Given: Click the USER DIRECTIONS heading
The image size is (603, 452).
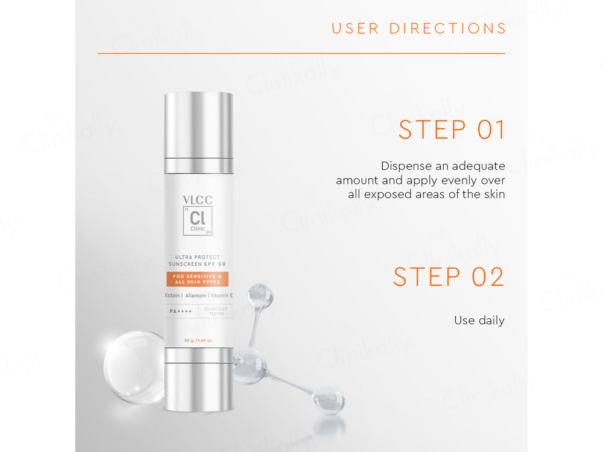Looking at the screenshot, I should pos(418,28).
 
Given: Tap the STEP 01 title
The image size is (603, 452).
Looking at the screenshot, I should pos(451,130).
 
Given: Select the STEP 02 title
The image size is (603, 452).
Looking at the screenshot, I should pos(448,277).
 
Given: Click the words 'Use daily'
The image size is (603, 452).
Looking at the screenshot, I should pos(479,321).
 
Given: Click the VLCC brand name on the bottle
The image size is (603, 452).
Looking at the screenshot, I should pos(198,200).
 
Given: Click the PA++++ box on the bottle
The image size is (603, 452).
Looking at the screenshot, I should pos(181,311).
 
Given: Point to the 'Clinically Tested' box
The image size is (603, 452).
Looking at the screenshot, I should pos(216,311).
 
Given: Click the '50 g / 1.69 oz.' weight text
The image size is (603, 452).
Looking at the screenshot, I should pos(198,341).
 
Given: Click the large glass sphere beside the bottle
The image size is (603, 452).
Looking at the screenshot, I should pos(134,366).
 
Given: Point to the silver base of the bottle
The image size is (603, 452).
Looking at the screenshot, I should pos(198,386).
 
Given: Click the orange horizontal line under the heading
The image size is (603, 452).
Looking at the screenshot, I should pos(301,54).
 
